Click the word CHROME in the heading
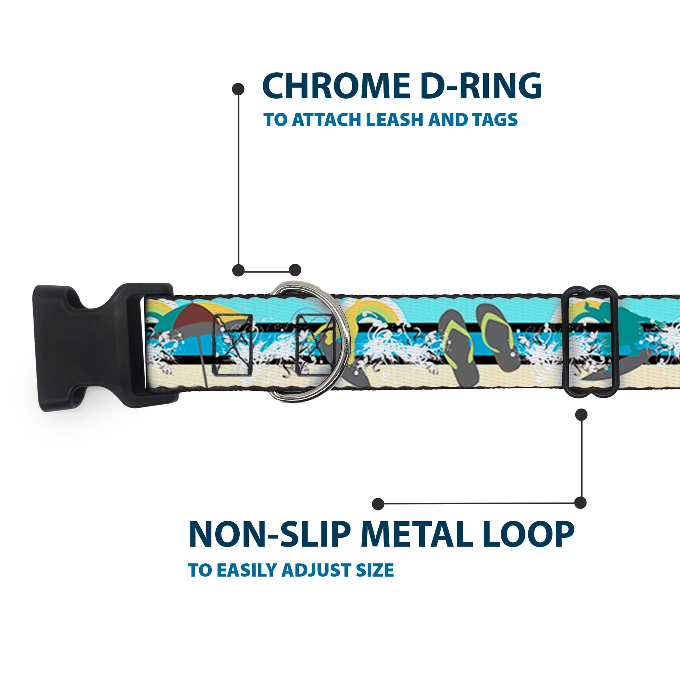pyautogui.click(x=336, y=86)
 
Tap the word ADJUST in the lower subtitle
pyautogui.click(x=317, y=570)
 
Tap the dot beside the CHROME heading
pyautogui.click(x=238, y=89)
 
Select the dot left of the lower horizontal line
pyautogui.click(x=378, y=504)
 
